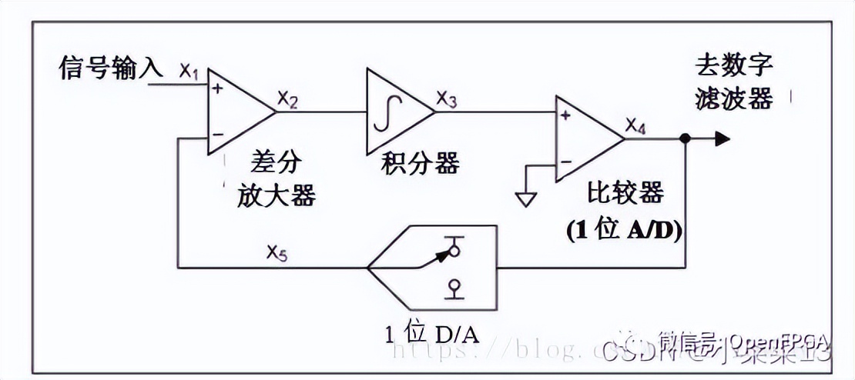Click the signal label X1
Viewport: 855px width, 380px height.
[189, 73]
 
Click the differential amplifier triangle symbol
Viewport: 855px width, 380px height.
[235, 112]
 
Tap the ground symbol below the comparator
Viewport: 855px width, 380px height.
[527, 198]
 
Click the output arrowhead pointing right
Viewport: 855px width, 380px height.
[722, 138]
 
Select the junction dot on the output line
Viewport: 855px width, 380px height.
[684, 139]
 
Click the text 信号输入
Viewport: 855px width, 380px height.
[111, 68]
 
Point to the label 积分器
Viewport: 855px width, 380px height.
[421, 163]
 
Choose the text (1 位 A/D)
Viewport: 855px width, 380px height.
[624, 229]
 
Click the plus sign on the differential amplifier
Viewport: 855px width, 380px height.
[217, 89]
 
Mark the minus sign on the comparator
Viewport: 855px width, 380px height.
[566, 162]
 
